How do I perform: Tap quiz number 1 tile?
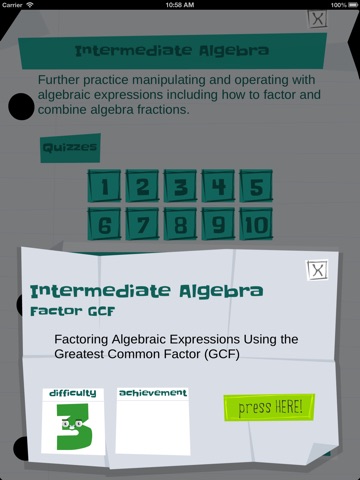pos(104,186)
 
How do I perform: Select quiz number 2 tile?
pos(142,186)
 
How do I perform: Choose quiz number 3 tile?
pos(180,186)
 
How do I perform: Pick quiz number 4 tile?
pos(218,186)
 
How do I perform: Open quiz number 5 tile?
pos(256,186)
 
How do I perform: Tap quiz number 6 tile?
pos(104,224)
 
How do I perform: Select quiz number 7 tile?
pos(142,224)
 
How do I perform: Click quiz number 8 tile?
pos(180,224)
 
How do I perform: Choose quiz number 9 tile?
pos(218,224)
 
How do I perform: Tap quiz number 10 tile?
pos(256,224)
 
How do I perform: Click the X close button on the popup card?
pos(317,270)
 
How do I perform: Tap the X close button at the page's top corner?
pos(317,19)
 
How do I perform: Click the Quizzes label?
pos(70,148)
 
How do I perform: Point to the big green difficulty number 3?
pos(74,427)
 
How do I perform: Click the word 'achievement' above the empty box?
pos(153,393)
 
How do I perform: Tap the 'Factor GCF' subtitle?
pos(72,311)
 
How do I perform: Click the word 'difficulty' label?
pos(73,393)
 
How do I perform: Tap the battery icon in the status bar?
pos(353,5)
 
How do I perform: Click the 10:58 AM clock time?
pos(180,5)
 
